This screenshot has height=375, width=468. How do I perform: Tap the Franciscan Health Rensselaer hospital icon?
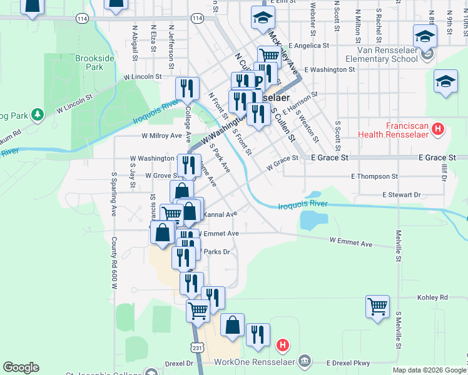pos(438,129)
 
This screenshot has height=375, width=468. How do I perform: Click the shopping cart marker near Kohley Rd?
pos(377,307)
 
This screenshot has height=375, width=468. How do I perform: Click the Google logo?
pos(21,367)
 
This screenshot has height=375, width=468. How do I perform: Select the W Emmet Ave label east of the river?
pos(350,242)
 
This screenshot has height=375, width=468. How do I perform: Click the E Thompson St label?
pos(374,177)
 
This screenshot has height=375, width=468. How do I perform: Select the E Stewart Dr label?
pos(402,195)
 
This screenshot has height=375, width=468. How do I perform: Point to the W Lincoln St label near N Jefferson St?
pos(142,76)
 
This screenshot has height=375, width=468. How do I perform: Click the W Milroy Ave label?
pos(161,135)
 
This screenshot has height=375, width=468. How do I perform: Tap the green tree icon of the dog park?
pos(38,114)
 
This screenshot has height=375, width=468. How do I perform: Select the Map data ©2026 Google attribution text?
pos(429,370)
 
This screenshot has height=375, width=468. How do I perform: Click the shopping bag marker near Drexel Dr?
pos(232,325)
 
